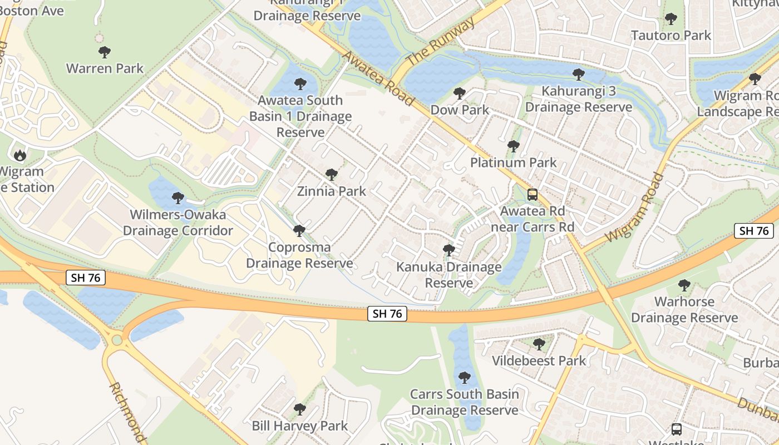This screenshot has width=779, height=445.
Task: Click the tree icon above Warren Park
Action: [x=104, y=52]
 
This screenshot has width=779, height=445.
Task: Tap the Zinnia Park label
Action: [x=332, y=191]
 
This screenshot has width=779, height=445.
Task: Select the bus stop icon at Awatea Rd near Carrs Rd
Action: [x=533, y=195]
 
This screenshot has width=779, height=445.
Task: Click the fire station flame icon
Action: [x=20, y=155]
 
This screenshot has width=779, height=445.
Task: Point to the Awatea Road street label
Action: [x=378, y=78]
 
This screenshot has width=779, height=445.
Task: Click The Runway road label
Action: [x=441, y=41]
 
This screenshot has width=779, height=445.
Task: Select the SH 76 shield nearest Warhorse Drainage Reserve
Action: [x=754, y=231]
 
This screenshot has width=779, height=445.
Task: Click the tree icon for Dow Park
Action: [x=459, y=93]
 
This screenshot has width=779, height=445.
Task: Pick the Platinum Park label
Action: [x=513, y=162]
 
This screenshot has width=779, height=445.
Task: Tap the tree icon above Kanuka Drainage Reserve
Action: [x=448, y=250]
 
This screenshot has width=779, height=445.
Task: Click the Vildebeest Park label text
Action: [x=539, y=361]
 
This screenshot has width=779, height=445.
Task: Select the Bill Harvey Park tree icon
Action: [x=299, y=409]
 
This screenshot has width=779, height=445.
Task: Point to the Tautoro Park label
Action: [x=671, y=36]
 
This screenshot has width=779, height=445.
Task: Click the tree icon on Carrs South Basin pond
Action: [x=464, y=378]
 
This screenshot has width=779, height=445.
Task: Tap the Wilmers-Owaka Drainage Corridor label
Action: [x=178, y=222]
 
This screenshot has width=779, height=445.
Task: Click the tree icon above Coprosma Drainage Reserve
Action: [x=299, y=230]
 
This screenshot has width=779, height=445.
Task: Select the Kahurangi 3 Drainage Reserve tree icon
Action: [x=579, y=74]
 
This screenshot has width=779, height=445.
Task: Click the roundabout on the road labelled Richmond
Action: [x=116, y=339]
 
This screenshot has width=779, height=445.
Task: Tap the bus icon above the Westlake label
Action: [x=677, y=429]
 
